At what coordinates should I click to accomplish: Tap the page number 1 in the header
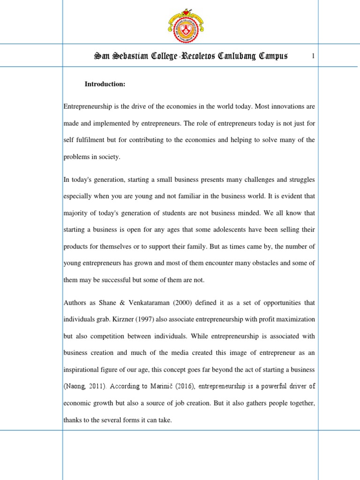click(x=313, y=57)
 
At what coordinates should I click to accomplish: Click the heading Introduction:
click(x=105, y=84)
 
